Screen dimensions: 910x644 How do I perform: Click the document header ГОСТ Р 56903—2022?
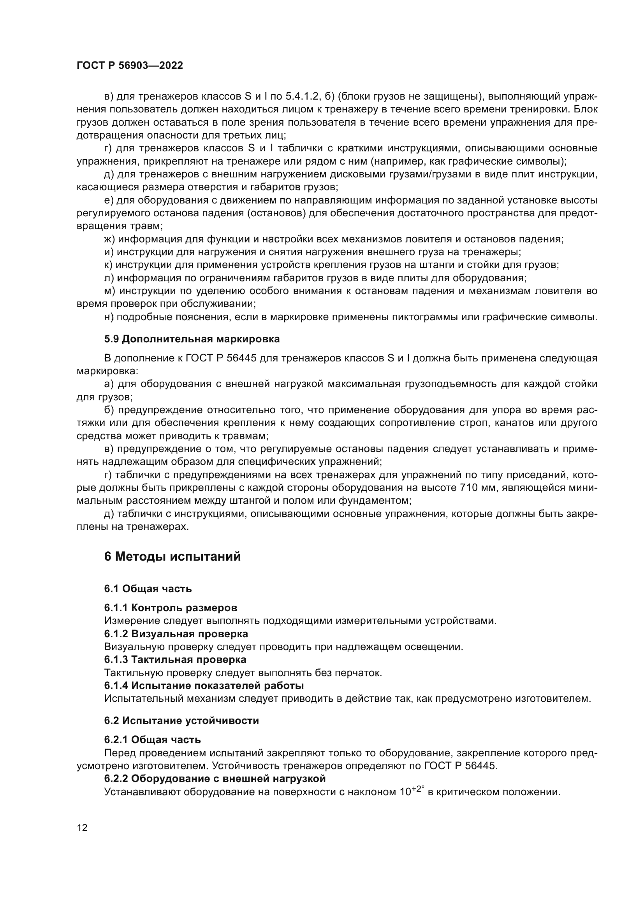pyautogui.click(x=130, y=66)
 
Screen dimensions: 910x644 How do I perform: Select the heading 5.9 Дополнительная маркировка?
pyautogui.click(x=192, y=339)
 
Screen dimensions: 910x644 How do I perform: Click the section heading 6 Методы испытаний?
pyautogui.click(x=172, y=556)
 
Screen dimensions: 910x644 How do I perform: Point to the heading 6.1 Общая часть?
pyautogui.click(x=148, y=589)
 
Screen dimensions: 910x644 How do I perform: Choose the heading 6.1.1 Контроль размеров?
pyautogui.click(x=171, y=608)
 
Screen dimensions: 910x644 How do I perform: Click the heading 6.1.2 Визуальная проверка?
pyautogui.click(x=176, y=634)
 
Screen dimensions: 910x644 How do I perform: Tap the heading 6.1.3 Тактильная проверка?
pyautogui.click(x=175, y=659)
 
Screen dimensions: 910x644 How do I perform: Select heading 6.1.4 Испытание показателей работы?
pyautogui.click(x=204, y=685)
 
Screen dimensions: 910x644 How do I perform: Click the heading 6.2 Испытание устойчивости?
pyautogui.click(x=181, y=721)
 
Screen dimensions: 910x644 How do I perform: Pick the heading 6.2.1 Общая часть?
pyautogui.click(x=152, y=740)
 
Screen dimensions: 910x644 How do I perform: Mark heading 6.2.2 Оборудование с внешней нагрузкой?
pyautogui.click(x=215, y=778)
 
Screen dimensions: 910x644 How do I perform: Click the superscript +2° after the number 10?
pyautogui.click(x=417, y=788)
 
